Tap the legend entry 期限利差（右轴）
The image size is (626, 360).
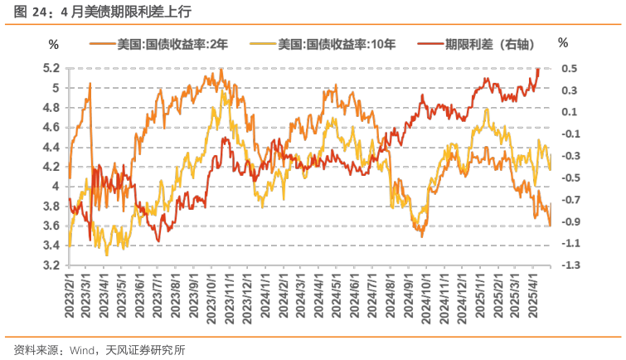pyautogui.click(x=478, y=43)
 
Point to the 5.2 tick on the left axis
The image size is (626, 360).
pyautogui.click(x=51, y=68)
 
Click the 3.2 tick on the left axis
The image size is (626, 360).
pyautogui.click(x=51, y=265)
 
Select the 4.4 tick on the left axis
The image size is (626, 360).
pyautogui.click(x=51, y=147)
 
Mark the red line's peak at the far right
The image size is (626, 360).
pyautogui.click(x=538, y=70)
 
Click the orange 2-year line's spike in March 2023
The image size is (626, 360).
pyautogui.click(x=90, y=84)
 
